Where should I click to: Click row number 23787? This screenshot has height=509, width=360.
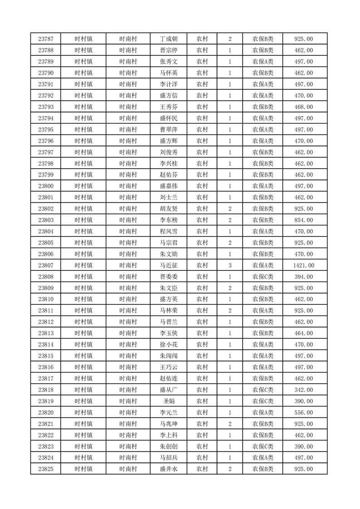[x=46, y=39]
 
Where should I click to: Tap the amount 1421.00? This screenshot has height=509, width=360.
[x=304, y=265]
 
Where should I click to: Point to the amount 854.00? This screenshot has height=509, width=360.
[x=304, y=220]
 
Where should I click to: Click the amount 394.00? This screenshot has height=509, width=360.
[x=304, y=277]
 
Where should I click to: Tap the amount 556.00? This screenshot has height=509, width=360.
[x=304, y=413]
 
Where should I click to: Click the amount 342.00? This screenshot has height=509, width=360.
[x=304, y=390]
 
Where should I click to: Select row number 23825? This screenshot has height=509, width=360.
[x=46, y=469]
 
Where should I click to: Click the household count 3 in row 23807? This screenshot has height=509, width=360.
[x=230, y=265]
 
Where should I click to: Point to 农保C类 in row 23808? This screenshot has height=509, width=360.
[x=263, y=277]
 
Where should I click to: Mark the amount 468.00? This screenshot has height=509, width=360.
[x=304, y=107]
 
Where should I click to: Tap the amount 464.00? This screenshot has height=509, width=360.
[x=304, y=333]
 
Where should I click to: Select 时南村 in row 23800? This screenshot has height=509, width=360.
[x=128, y=186]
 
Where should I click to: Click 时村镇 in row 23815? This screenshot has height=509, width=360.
[x=84, y=356]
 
